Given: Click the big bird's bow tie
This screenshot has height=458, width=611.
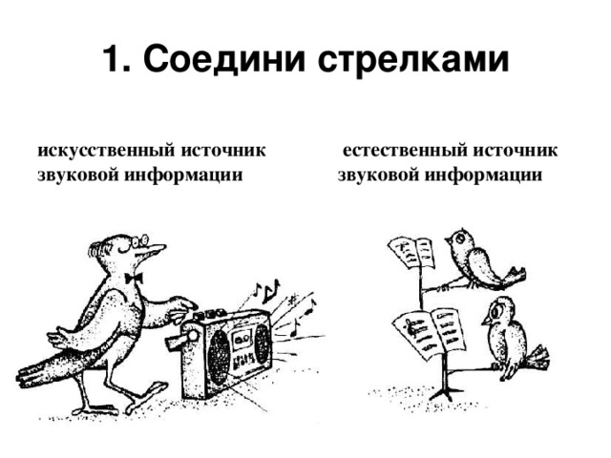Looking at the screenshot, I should pyautogui.click(x=134, y=278).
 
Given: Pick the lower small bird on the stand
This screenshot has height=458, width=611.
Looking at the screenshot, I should pyautogui.click(x=507, y=334).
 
